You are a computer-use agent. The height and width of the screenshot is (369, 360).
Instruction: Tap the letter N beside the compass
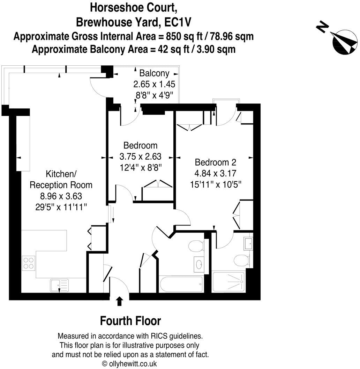[x=323, y=27]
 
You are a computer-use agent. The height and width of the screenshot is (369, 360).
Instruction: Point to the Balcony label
[x=154, y=73]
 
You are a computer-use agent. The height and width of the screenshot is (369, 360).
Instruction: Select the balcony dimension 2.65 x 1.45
[x=154, y=84]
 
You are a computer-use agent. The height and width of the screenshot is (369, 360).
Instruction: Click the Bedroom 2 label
[x=216, y=162]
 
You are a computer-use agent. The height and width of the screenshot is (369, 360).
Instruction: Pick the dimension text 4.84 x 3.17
[x=216, y=173]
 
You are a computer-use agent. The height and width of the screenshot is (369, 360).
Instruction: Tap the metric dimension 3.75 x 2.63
[x=141, y=156]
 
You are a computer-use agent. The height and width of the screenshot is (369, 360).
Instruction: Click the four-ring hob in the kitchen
[x=28, y=262]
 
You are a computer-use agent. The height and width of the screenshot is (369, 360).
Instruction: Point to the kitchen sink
[x=59, y=285]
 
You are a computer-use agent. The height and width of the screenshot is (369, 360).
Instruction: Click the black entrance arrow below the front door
[x=119, y=301]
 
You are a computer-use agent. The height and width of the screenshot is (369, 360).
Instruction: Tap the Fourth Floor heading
[x=130, y=320]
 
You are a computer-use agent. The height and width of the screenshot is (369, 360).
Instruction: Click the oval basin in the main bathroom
[x=199, y=265]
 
